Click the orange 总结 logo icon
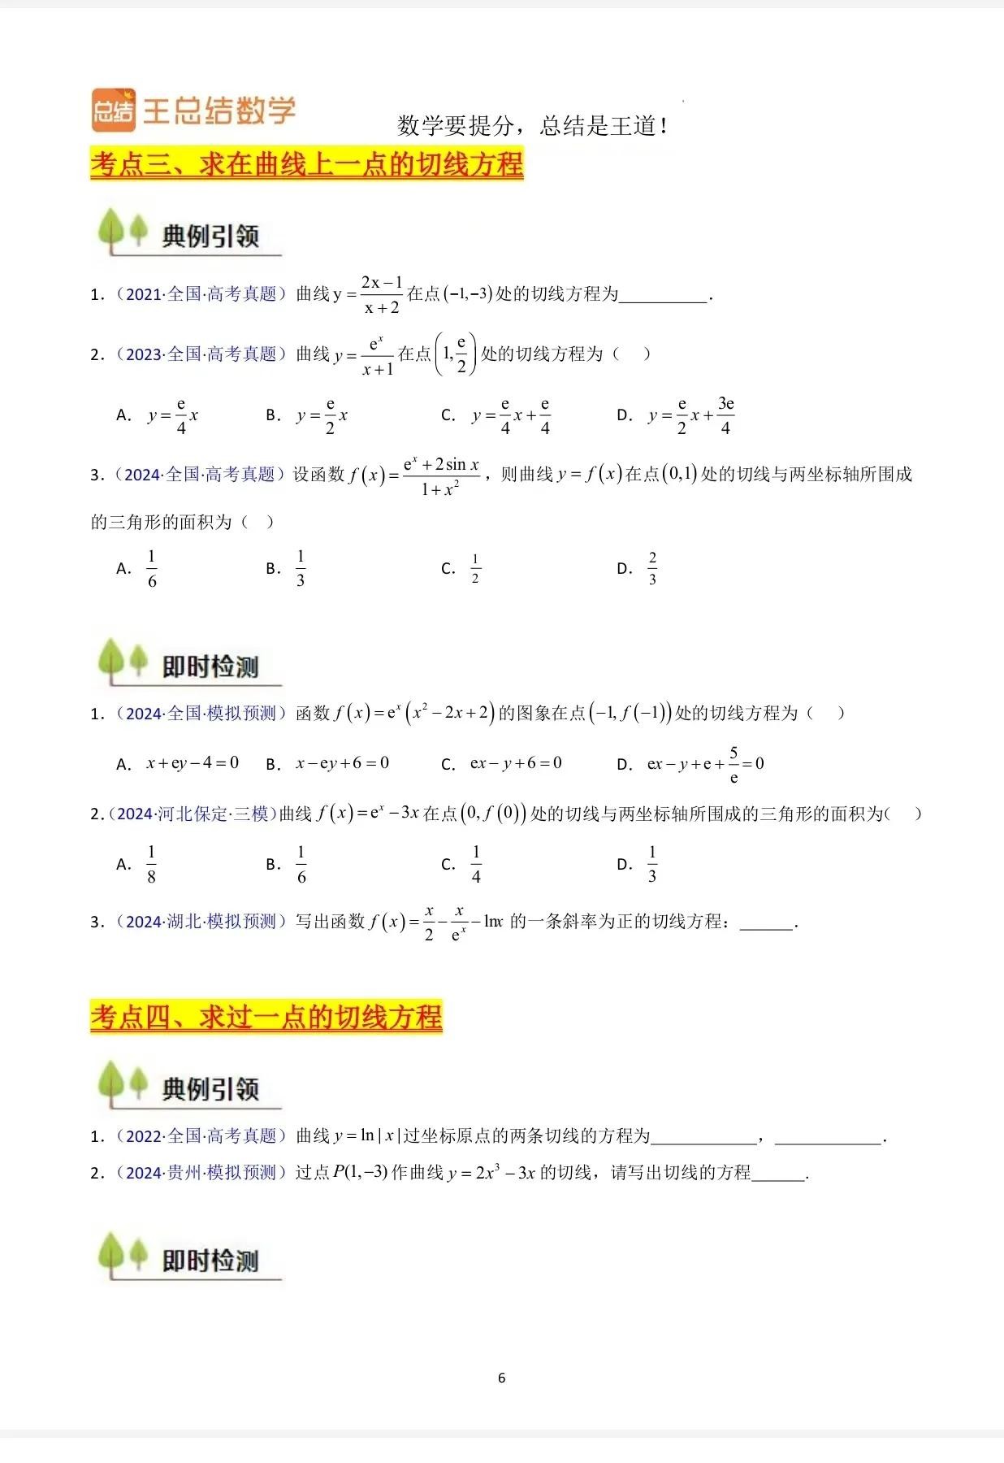(113, 110)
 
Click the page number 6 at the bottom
(501, 1378)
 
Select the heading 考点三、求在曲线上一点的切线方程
(306, 164)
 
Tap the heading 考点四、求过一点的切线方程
(266, 1017)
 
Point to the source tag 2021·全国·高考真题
(201, 294)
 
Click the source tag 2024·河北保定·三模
(193, 814)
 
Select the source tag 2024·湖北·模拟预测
(201, 922)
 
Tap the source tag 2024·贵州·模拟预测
(201, 1173)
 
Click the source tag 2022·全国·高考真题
(201, 1136)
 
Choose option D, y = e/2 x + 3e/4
(690, 415)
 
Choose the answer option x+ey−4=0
(193, 763)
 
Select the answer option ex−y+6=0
(516, 763)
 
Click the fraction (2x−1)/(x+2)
(382, 294)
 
